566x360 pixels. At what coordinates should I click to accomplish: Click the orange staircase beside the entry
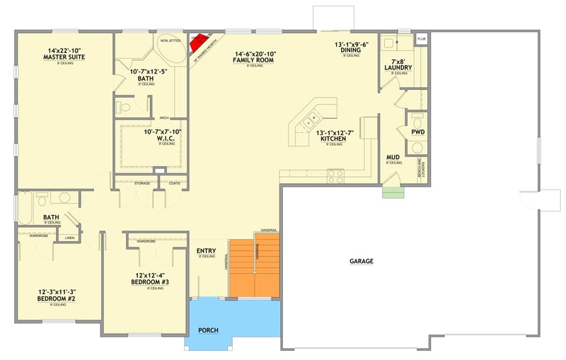[255, 267]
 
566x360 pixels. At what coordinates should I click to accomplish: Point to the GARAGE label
[361, 261]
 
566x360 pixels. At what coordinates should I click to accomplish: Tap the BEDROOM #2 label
[56, 298]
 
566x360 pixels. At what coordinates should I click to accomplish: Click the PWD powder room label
[417, 132]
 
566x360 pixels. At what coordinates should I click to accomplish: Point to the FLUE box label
[422, 39]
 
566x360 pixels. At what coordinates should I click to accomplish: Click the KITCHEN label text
[333, 139]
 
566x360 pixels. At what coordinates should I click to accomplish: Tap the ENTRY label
[206, 250]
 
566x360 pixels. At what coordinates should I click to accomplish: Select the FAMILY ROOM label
[253, 61]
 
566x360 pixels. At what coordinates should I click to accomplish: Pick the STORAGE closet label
[142, 183]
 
